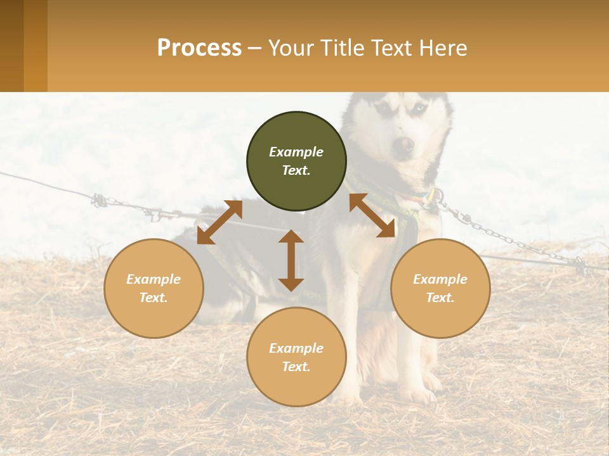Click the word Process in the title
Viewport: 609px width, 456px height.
(199, 48)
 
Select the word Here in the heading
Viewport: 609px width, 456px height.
(442, 48)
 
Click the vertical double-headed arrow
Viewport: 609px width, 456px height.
(291, 260)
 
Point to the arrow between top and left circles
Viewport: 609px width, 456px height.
(219, 222)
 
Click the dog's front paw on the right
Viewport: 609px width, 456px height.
(419, 394)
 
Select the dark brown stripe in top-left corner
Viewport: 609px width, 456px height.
(11, 46)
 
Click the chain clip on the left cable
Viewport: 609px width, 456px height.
(100, 201)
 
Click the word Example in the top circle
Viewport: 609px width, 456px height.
(296, 152)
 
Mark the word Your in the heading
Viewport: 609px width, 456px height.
(291, 48)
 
